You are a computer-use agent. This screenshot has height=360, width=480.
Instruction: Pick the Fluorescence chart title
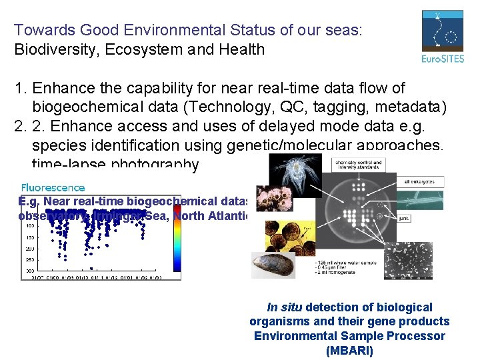point(53,188)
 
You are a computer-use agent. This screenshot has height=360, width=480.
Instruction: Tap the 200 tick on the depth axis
point(31,247)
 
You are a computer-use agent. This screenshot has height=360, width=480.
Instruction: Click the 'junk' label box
point(404,217)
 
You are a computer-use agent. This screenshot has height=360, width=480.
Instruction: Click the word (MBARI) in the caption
point(349,350)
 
